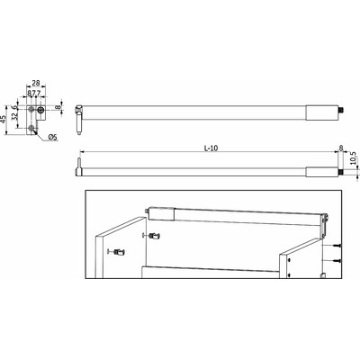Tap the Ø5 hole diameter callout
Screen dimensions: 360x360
52,137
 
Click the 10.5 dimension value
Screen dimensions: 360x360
351,159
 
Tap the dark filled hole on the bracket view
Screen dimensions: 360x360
40,112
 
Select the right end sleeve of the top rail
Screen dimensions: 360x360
319,114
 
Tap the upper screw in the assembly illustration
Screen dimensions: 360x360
336,244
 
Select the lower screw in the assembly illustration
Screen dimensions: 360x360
336,259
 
